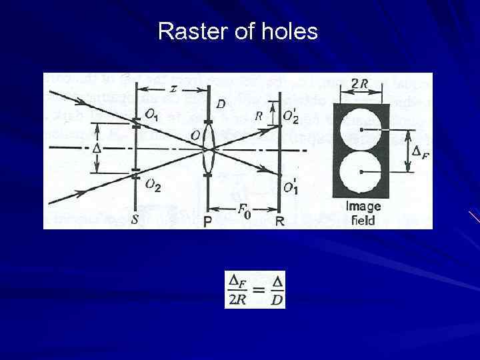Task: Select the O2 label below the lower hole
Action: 153,186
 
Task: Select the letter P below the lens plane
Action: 209,222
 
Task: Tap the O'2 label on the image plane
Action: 291,117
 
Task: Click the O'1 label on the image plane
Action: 291,188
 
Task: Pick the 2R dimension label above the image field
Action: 361,84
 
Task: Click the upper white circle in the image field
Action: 361,127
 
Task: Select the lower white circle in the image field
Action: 361,173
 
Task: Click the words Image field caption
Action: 361,213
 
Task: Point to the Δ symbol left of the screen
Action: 96,147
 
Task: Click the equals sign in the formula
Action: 256,291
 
